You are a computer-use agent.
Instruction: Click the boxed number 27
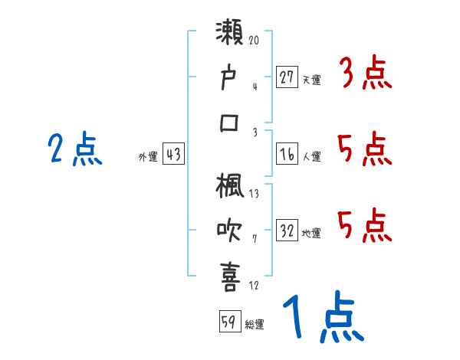[287, 77]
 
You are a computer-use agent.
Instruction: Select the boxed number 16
[287, 154]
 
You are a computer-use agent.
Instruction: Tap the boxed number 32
[287, 231]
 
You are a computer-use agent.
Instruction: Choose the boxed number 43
[173, 154]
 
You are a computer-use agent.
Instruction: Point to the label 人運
[311, 156]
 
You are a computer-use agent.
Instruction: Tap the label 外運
[148, 156]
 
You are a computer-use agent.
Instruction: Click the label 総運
[255, 323]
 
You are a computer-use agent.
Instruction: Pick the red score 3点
[364, 75]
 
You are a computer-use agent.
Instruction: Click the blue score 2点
[75, 150]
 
